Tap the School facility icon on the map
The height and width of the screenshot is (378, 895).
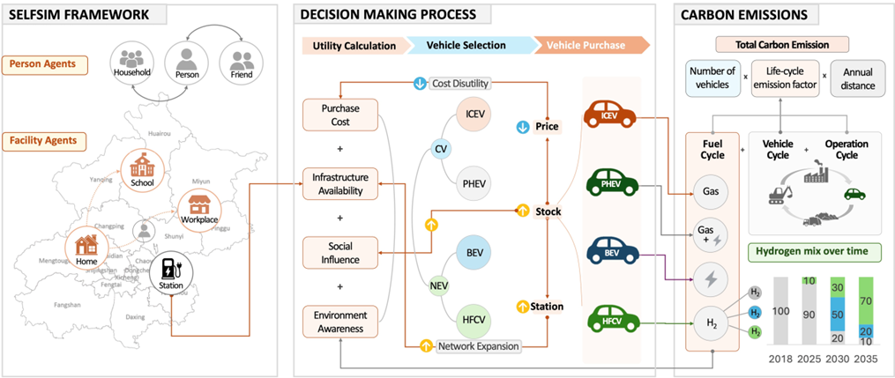[143, 168]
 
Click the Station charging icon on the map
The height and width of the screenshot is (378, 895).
[169, 271]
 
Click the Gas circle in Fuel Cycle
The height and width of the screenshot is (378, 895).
[710, 190]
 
